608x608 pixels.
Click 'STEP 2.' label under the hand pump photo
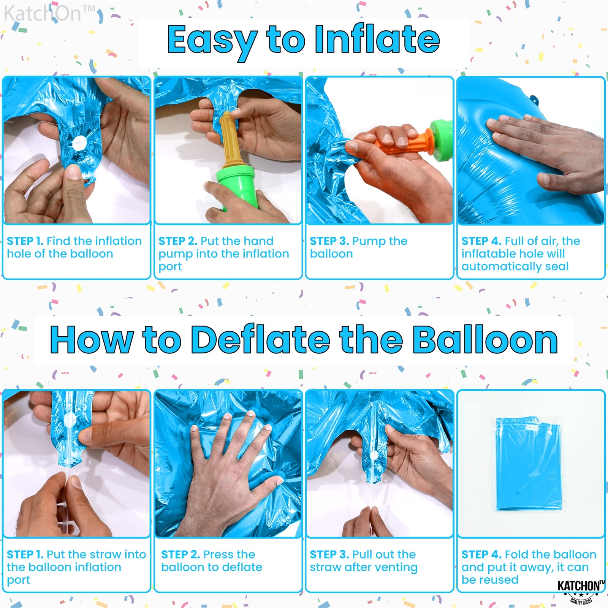[177, 241]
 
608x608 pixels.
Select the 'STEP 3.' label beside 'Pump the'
[329, 241]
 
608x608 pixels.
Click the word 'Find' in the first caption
[58, 241]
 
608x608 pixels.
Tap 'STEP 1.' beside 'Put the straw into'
[25, 554]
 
